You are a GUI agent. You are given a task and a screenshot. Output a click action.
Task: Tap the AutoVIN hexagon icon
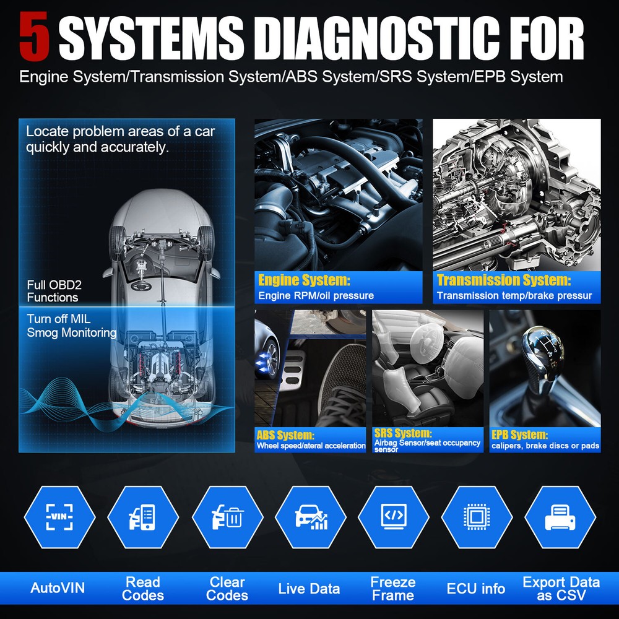59,517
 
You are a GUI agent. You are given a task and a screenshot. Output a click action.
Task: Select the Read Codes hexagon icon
143,517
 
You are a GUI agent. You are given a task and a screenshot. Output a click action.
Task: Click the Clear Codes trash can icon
227,517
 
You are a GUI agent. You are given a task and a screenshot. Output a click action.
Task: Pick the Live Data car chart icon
310,517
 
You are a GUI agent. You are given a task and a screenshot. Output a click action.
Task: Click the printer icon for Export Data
560,517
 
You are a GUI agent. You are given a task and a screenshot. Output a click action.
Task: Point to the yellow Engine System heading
304,280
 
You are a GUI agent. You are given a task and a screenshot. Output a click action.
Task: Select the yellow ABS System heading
286,435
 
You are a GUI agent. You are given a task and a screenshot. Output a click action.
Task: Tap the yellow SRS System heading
403,433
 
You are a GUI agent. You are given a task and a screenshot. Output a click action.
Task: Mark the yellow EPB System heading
519,435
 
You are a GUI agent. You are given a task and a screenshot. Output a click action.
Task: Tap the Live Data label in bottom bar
309,589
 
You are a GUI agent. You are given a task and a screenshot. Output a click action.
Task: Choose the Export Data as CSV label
561,589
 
